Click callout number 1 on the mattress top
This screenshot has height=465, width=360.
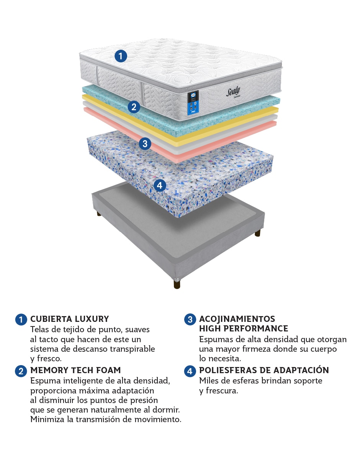[x=121, y=56]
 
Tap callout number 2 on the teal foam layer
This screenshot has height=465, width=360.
[x=134, y=107]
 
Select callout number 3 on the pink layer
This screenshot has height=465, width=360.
[x=145, y=144]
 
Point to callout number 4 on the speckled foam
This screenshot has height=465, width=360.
[x=160, y=185]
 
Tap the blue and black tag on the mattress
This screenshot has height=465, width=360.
[x=193, y=103]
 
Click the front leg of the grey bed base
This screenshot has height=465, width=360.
[x=177, y=284]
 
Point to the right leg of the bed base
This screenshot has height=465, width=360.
[x=257, y=233]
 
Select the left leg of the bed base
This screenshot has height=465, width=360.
[x=99, y=214]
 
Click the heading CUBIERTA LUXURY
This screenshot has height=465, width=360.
[x=70, y=319]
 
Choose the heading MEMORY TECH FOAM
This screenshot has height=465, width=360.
[x=75, y=370]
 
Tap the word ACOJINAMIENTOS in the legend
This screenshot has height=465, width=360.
[x=237, y=319]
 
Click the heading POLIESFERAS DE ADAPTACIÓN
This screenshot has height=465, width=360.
[x=264, y=370]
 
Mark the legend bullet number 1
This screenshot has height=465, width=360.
[x=21, y=320]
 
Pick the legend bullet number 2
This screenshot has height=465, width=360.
[x=21, y=371]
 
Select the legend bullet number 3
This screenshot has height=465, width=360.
[x=190, y=320]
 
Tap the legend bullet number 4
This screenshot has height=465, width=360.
[x=190, y=371]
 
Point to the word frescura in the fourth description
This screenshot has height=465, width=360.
[x=222, y=391]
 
